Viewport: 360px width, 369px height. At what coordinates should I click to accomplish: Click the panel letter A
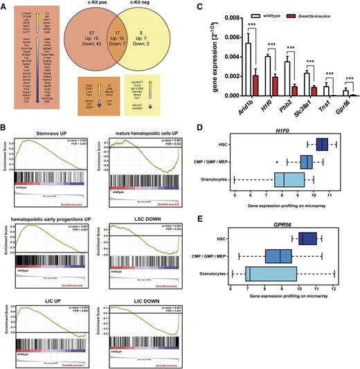(x=6, y=6)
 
